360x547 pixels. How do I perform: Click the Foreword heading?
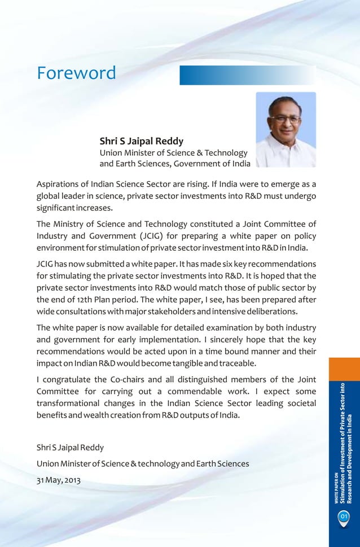point(76,73)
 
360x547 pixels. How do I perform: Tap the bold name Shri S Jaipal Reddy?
point(141,141)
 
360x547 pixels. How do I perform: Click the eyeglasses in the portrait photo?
point(285,120)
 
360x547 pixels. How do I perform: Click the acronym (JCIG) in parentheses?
point(149,235)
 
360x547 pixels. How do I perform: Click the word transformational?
point(73,404)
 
